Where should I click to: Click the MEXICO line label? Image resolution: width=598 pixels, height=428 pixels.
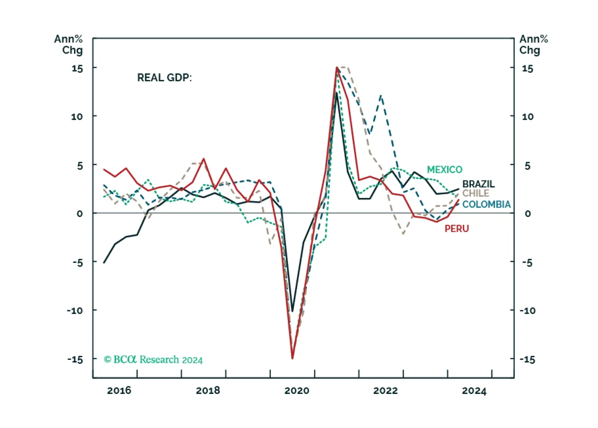pos(445,169)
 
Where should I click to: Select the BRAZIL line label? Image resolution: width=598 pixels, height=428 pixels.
pos(478,184)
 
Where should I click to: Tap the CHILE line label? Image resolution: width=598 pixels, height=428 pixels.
pos(476,193)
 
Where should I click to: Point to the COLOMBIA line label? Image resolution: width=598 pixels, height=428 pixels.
pos(486,204)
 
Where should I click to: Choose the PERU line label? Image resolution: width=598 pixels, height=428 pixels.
pos(457,229)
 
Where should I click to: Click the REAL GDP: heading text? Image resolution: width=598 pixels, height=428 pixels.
pos(164,78)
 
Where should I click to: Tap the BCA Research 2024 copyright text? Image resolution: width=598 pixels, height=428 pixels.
pos(153,360)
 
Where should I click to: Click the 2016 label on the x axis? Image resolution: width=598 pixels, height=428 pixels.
pos(119,391)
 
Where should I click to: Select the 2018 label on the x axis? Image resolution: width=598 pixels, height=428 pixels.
pos(208,391)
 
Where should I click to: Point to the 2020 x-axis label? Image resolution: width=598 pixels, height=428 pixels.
pos(297,391)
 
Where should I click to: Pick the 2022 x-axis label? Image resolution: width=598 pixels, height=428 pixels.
pos(385,391)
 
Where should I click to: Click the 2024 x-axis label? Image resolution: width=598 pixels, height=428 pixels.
pos(475,391)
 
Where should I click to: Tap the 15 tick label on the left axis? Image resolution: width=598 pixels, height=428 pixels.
pos(77,68)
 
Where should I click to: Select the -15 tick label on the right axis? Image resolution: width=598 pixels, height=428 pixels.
pos(528,360)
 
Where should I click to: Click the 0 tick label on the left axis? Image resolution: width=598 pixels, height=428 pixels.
pos(80,214)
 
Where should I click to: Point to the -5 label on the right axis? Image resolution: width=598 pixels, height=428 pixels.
pos(527,263)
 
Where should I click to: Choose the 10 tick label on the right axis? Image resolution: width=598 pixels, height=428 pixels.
pos(528,117)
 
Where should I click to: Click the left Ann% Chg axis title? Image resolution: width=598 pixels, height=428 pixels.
pos(68,45)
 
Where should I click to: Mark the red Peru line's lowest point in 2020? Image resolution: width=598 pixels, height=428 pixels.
pos(292,359)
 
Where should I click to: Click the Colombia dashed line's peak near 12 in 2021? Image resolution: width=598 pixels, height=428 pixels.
pos(381,95)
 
